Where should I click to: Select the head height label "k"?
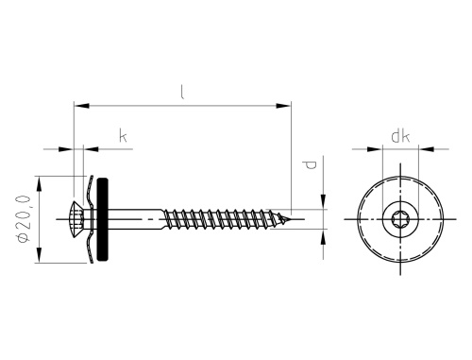point(123,137)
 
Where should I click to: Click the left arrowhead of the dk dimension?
point(377,148)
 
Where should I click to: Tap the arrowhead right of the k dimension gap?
point(90,148)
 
